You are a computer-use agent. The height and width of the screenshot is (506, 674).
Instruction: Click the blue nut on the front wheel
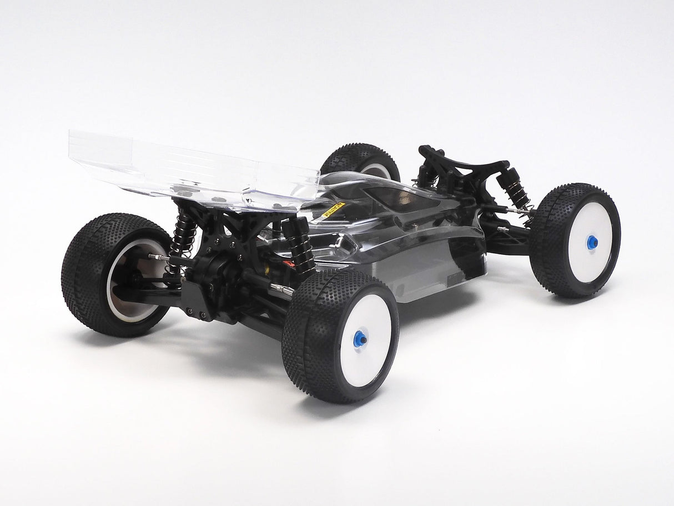(592, 242)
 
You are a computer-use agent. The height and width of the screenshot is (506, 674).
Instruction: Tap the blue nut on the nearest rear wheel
(360, 338)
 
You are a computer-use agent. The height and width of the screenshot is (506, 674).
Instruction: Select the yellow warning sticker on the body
(333, 209)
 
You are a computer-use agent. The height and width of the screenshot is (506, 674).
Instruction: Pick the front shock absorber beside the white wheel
(515, 189)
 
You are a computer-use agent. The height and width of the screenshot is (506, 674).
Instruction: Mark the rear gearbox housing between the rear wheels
(219, 278)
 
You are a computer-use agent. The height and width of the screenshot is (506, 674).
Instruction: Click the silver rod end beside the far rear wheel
(158, 257)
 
